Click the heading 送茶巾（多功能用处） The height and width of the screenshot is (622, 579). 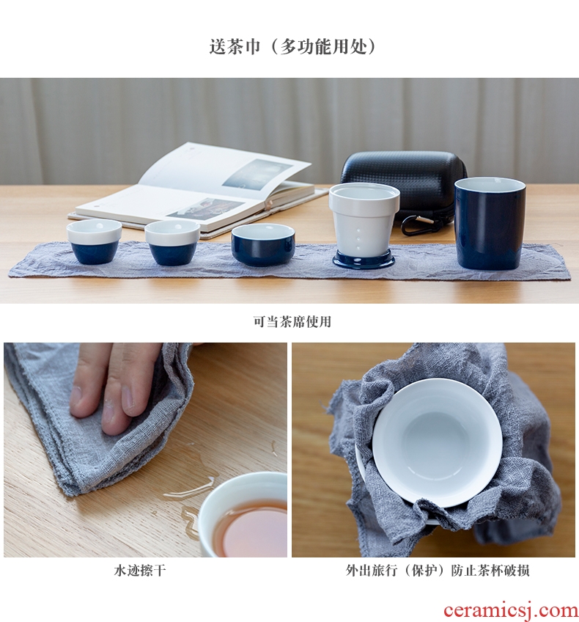click(x=292, y=47)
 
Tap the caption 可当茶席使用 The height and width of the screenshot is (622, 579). click(x=292, y=321)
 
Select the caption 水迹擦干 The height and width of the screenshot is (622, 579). click(x=139, y=571)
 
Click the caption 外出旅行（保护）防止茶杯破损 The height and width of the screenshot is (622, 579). click(x=438, y=571)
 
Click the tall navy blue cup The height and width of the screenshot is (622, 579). click(x=490, y=223)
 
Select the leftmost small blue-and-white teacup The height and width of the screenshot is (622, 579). click(x=94, y=241)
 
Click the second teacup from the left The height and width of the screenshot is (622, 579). click(x=172, y=242)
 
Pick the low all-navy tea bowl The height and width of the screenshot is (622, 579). click(x=263, y=244)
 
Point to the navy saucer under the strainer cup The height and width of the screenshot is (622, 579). click(x=364, y=260)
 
